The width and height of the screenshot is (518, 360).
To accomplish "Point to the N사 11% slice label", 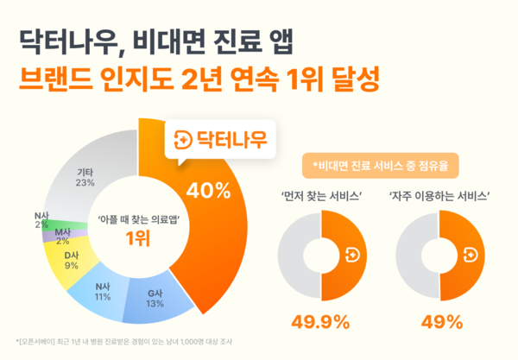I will [104, 290].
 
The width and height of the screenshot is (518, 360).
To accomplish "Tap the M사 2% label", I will [63, 237].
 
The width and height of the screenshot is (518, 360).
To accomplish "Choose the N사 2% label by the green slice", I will [41, 221].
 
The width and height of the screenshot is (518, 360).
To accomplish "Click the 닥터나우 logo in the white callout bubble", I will [220, 137].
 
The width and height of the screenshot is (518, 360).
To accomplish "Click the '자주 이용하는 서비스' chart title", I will [439, 195].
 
